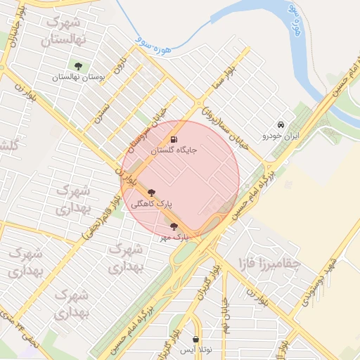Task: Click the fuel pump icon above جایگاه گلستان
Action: click(x=174, y=139)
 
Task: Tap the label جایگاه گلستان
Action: click(x=174, y=150)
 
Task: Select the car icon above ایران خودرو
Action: click(x=281, y=124)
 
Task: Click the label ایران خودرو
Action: click(x=281, y=134)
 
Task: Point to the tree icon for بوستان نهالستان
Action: click(x=77, y=67)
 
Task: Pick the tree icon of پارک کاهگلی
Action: click(x=151, y=193)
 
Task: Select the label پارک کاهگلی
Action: click(x=151, y=204)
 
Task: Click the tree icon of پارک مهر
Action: click(x=174, y=226)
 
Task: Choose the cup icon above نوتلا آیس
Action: click(x=195, y=339)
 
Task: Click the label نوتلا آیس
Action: click(x=195, y=349)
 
